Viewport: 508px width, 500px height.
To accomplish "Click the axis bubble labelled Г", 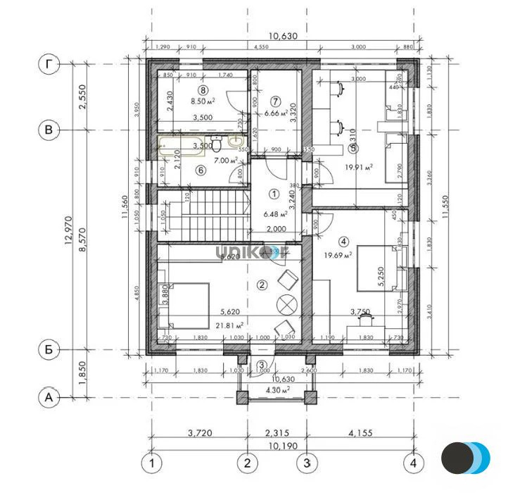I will click(x=49, y=64).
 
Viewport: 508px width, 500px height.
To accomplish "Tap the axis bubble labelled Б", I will click(x=49, y=349).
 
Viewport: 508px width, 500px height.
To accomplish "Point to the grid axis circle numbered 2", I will click(x=247, y=463).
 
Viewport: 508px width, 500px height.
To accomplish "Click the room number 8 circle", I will click(x=203, y=89).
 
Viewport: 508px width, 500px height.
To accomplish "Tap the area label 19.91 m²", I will click(x=359, y=167).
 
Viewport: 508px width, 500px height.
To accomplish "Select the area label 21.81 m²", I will click(x=229, y=325).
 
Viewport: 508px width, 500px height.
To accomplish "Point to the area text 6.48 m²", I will click(x=275, y=214).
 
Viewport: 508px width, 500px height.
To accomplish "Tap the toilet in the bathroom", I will click(x=218, y=144).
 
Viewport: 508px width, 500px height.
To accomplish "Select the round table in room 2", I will click(x=286, y=304).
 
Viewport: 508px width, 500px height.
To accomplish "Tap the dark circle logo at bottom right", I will click(x=457, y=458).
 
